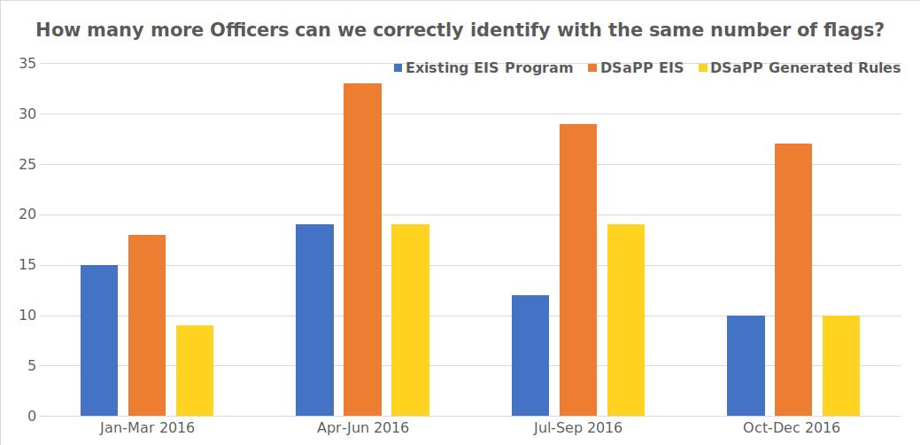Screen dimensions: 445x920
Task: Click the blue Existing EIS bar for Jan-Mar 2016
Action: (99, 340)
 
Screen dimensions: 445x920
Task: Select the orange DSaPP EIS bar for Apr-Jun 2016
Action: (362, 249)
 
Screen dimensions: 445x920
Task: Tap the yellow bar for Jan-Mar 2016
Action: (195, 371)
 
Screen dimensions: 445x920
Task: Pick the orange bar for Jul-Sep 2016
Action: (577, 269)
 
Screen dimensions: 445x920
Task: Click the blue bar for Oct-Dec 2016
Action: (746, 365)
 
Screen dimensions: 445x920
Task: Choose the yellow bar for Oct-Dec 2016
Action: (840, 365)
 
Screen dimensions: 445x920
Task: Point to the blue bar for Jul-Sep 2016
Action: (530, 355)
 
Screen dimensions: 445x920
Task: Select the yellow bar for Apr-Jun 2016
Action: (410, 320)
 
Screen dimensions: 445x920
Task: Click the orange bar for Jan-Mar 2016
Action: (147, 325)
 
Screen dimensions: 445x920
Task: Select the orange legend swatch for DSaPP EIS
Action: (592, 68)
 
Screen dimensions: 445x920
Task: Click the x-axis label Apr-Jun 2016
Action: (363, 427)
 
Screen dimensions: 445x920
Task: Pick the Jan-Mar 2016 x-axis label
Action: (147, 427)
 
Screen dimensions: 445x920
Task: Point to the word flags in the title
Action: (848, 30)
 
